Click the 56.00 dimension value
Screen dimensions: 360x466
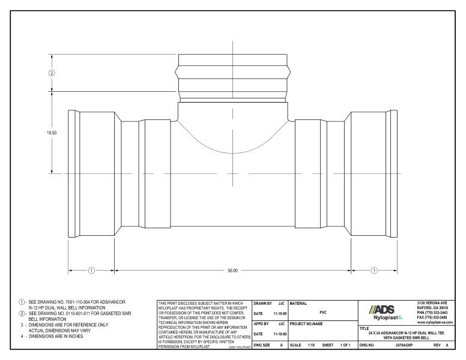[x=232, y=271]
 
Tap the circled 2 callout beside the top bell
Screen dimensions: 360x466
[x=52, y=73]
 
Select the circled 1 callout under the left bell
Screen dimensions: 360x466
[x=91, y=271]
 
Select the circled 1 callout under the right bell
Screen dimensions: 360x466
[x=374, y=271]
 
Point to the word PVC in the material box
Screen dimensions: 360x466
[x=323, y=312]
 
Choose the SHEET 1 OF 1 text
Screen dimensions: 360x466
[x=336, y=346]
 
